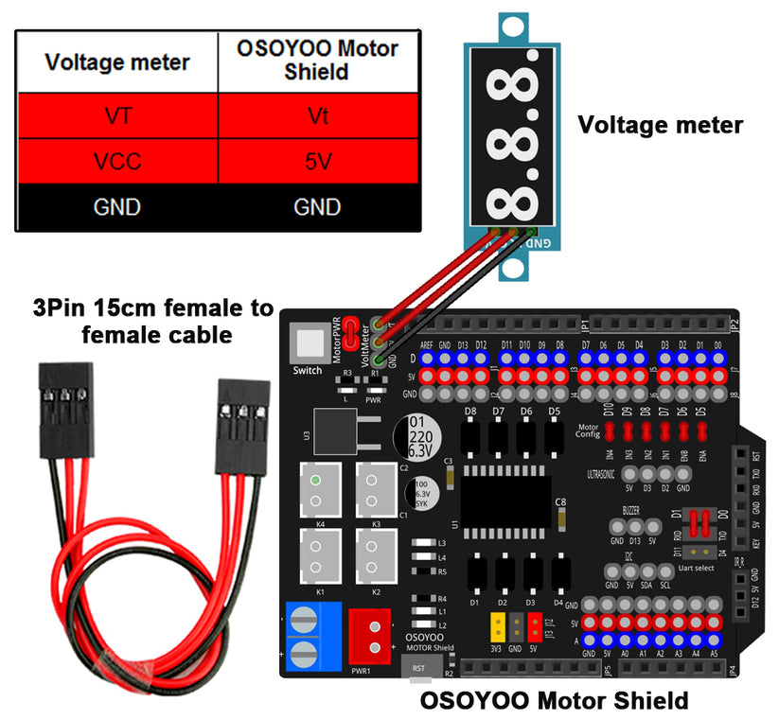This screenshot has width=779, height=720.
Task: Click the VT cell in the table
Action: click(x=117, y=117)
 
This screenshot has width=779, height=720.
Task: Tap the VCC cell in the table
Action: click(x=117, y=162)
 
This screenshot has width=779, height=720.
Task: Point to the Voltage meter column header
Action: click(x=117, y=62)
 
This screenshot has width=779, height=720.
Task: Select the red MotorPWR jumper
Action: click(x=350, y=331)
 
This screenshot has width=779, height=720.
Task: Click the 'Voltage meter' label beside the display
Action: click(x=660, y=124)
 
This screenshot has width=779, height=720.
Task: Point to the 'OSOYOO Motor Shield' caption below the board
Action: click(x=554, y=701)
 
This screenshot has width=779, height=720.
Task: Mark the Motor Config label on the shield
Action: click(x=588, y=430)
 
